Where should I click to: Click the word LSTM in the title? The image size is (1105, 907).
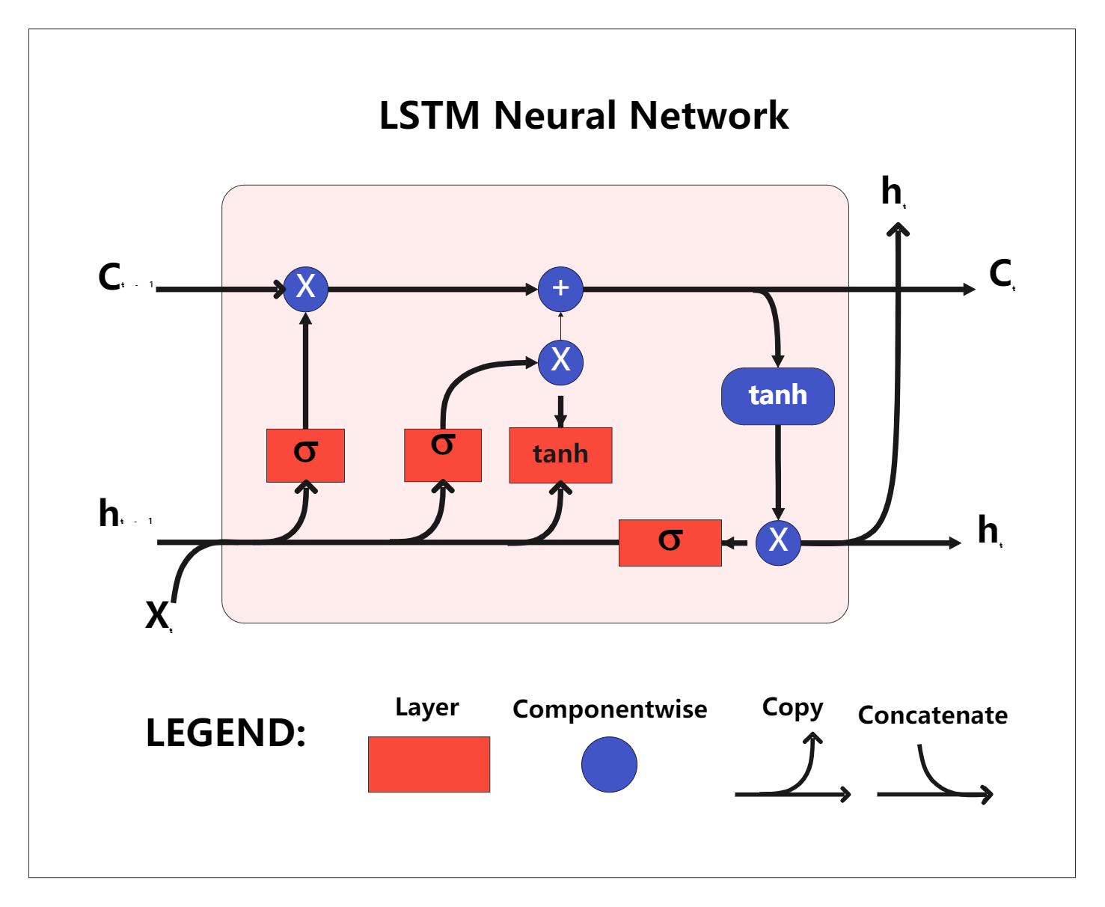pos(429,116)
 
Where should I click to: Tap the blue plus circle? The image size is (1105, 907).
pos(560,289)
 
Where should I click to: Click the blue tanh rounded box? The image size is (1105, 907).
pos(777,396)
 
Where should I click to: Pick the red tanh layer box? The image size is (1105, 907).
pos(560,455)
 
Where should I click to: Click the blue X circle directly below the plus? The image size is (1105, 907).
pos(560,361)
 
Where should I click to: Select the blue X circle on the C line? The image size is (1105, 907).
pos(305,288)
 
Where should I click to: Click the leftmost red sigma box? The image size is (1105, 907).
pos(305,455)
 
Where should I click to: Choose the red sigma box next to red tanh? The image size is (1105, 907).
pos(442,454)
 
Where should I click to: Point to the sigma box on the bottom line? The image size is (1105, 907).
pos(670,543)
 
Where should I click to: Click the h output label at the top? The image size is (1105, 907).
pos(893,192)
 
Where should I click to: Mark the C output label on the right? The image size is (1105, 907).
pos(1001,274)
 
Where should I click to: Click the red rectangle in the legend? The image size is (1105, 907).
pos(429,764)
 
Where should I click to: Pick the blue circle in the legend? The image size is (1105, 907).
pos(609,764)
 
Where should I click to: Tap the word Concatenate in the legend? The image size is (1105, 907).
pos(932,715)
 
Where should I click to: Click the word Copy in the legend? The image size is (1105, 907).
pos(792,707)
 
